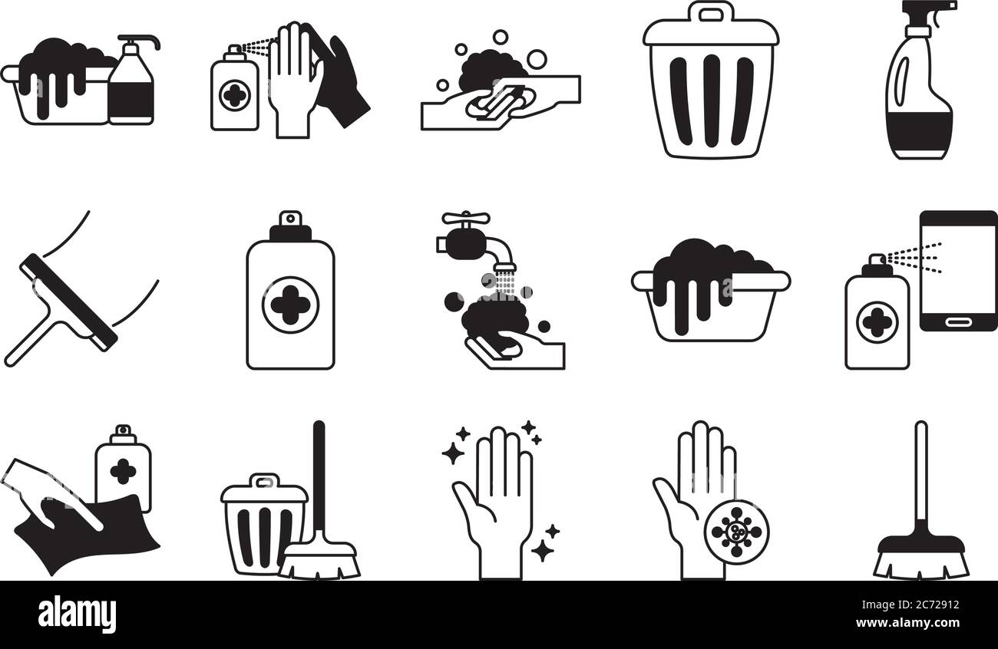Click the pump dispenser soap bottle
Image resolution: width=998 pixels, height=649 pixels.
[131, 84]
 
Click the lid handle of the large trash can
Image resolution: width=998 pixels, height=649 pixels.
[711, 13]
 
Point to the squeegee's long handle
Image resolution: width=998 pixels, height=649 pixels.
[30, 338]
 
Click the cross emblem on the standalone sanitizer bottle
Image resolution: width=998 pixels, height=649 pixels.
[290, 305]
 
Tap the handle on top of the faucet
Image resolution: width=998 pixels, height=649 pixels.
[466, 218]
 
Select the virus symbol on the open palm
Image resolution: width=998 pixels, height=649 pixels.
[737, 532]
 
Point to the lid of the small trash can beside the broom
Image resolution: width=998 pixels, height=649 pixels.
[265, 489]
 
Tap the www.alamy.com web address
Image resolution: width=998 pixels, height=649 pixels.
[907, 622]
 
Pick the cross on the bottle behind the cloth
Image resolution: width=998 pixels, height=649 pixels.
[124, 471]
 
